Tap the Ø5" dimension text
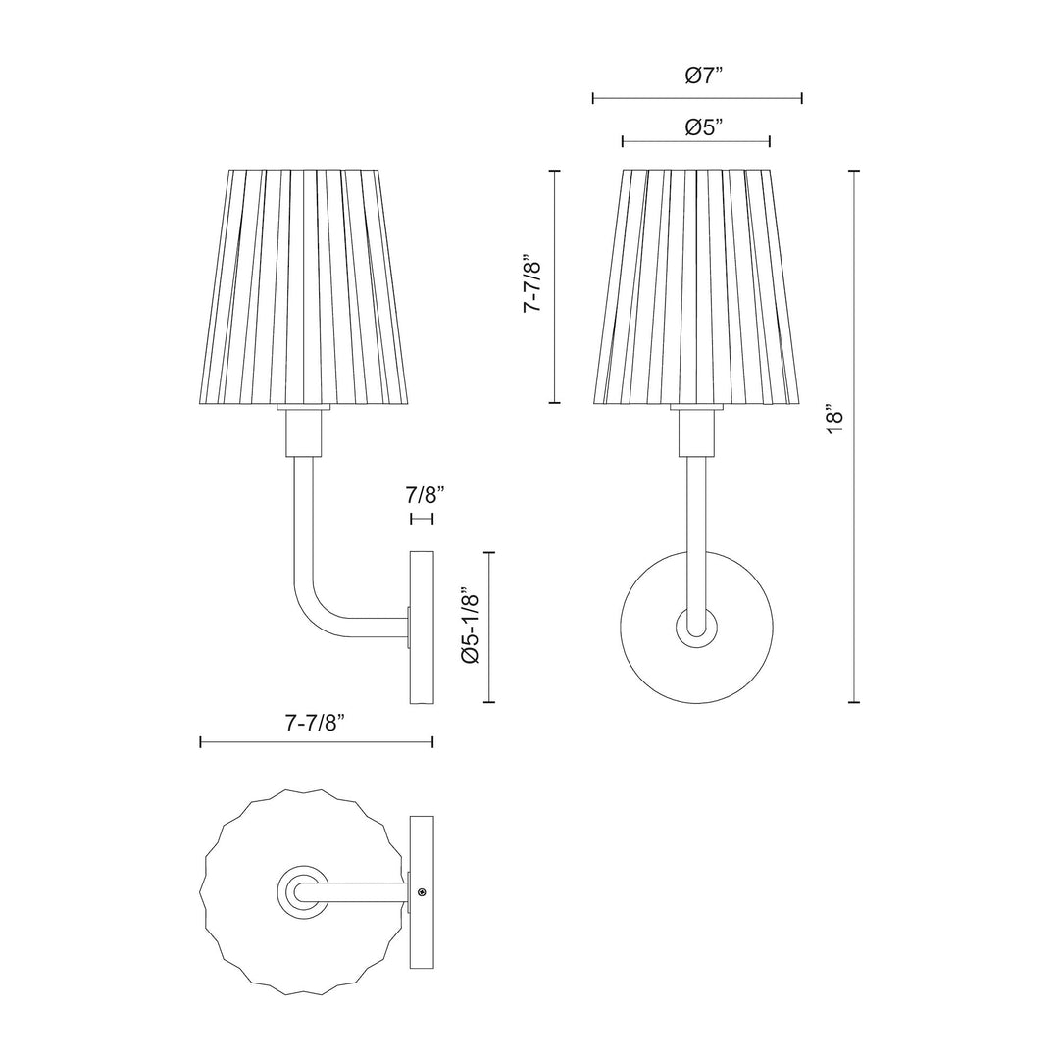click(x=703, y=126)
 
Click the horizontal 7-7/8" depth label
click(x=317, y=724)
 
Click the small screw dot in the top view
click(x=422, y=892)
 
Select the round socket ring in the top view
click(x=299, y=891)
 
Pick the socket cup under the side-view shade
click(x=303, y=431)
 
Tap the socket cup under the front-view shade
click(x=696, y=431)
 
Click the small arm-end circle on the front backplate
click(x=697, y=626)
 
